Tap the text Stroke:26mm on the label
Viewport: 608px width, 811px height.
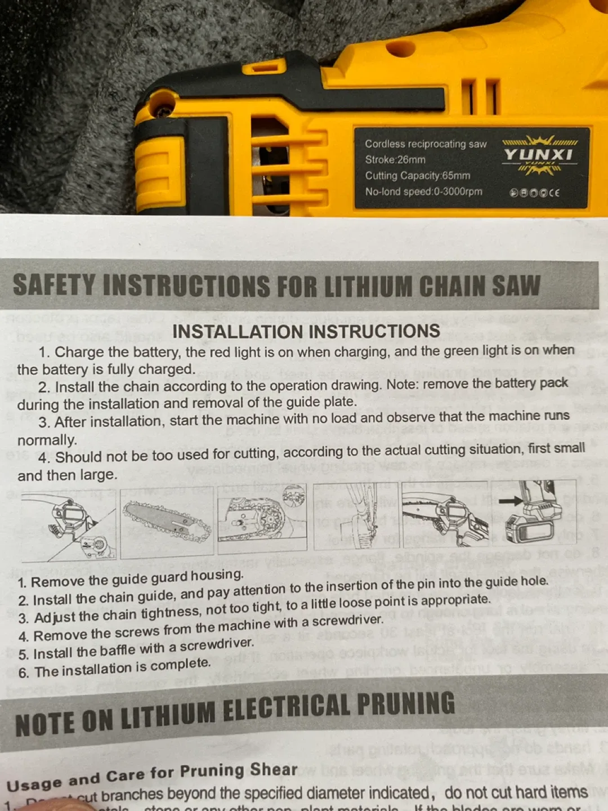pos(395,160)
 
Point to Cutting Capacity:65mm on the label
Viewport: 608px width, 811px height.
pos(417,176)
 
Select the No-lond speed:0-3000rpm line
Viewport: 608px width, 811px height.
pos(423,191)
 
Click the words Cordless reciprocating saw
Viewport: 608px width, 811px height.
pos(426,144)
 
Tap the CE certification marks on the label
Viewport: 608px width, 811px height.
pos(534,193)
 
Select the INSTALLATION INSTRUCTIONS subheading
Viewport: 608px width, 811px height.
pos(306,331)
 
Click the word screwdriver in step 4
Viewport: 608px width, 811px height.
pos(347,621)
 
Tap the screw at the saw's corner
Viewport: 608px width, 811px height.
pos(163,111)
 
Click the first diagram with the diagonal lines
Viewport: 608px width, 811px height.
pos(69,524)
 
